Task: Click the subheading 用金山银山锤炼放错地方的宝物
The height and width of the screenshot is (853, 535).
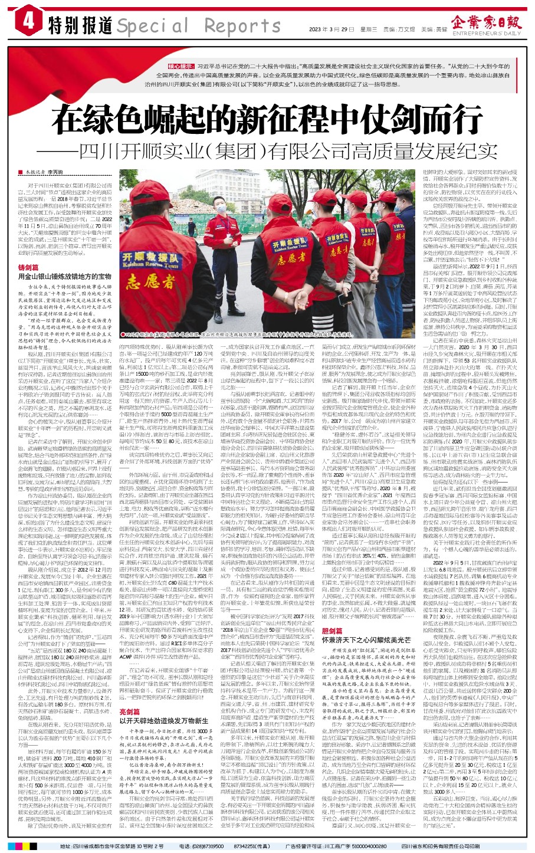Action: tap(64, 276)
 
